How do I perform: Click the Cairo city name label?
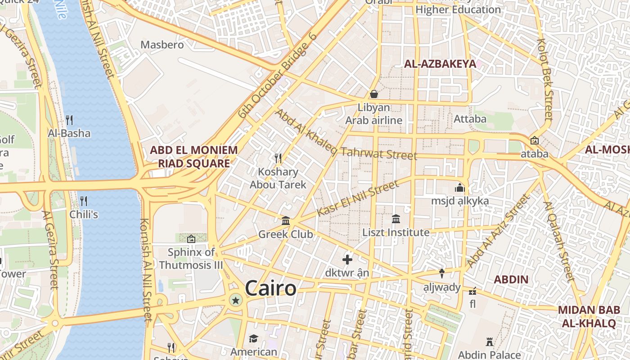click(271, 288)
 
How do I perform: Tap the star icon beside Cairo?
click(235, 300)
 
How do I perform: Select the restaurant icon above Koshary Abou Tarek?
click(278, 158)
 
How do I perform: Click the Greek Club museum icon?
click(286, 221)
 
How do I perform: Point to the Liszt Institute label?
click(396, 233)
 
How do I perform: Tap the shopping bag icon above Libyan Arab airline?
click(373, 94)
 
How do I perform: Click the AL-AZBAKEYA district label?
click(440, 64)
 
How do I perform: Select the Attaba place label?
click(470, 119)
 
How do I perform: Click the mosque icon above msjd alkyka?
click(460, 188)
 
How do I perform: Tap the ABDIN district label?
click(511, 279)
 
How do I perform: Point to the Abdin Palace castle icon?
click(490, 342)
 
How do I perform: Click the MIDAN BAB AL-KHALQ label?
click(589, 316)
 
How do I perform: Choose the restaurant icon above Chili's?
click(84, 201)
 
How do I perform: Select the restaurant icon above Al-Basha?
click(69, 120)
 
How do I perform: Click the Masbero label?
click(162, 45)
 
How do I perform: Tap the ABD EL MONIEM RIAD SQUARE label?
click(193, 157)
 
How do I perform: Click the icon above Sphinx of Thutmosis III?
click(191, 238)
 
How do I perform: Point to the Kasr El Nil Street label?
click(358, 198)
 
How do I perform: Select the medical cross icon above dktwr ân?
click(347, 260)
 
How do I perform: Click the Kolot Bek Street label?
click(545, 79)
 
